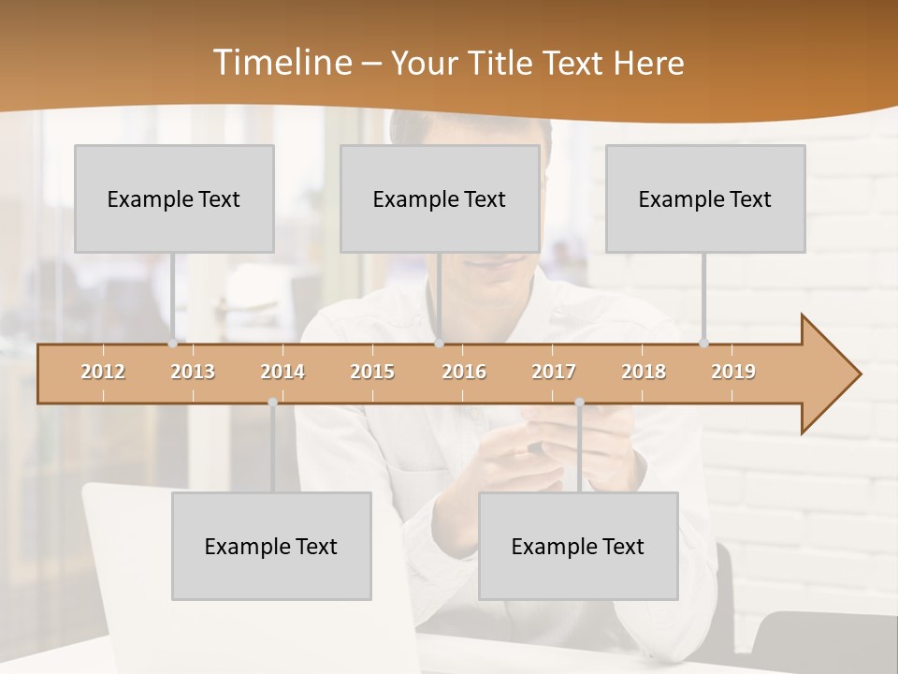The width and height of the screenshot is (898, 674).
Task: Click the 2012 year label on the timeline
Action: (103, 372)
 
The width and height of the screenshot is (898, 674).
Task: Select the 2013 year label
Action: (193, 372)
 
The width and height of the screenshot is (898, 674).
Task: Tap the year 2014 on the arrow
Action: (282, 372)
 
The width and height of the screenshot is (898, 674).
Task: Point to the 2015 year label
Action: (372, 372)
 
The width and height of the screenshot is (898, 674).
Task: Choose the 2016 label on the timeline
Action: (464, 372)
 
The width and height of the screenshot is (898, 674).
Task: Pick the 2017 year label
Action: (554, 372)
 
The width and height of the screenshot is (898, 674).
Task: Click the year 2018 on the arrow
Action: (644, 372)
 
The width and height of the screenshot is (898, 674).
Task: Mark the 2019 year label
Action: (733, 372)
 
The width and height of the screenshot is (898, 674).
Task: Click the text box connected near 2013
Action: (174, 198)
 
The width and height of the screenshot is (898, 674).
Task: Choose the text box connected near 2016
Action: (440, 198)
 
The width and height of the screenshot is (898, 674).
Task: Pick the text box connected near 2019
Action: (705, 198)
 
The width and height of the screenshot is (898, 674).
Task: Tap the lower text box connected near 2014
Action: (271, 546)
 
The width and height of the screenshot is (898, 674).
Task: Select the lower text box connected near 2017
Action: (578, 546)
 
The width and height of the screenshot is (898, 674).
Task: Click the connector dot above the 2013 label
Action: (173, 343)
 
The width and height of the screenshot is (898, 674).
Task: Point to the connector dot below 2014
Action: (272, 403)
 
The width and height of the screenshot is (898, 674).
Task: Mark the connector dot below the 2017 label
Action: (579, 403)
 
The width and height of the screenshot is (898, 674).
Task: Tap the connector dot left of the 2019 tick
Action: (703, 343)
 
